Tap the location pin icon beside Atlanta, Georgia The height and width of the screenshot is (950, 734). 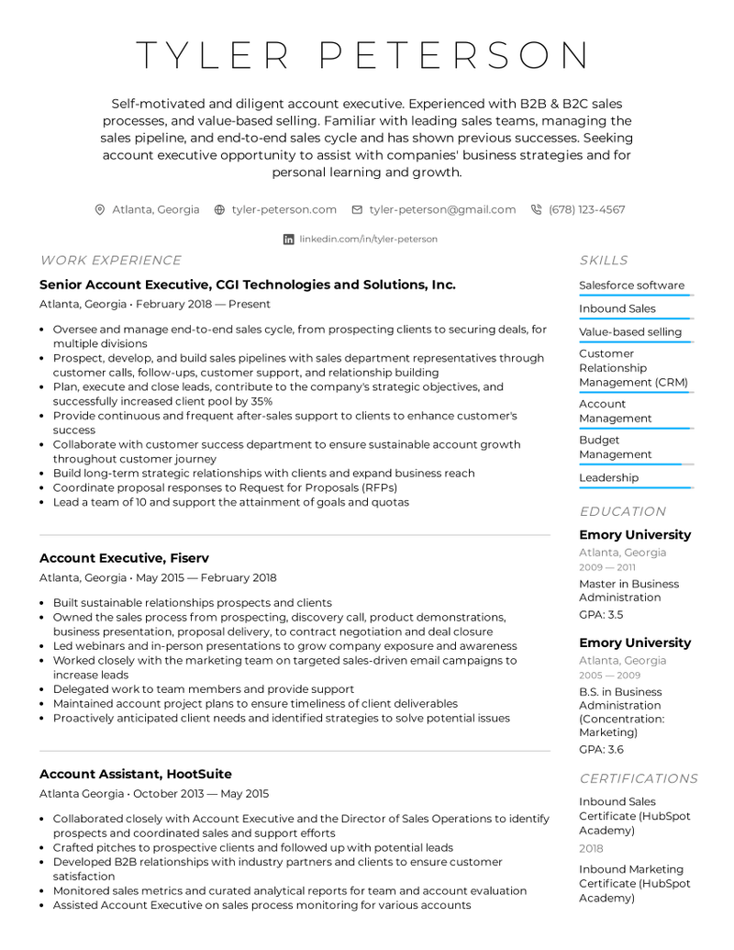[100, 209]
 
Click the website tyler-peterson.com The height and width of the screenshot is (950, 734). [284, 209]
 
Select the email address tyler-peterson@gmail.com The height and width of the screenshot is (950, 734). [442, 209]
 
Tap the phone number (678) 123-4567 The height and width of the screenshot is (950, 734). [586, 209]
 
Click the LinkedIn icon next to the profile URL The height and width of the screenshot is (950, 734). [289, 239]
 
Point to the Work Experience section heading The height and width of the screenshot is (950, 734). [110, 261]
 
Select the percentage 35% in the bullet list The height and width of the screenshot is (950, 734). [261, 401]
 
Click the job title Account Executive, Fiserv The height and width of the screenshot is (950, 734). [124, 558]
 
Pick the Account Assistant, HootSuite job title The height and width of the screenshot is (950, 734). [135, 774]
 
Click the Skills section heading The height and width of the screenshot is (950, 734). [604, 261]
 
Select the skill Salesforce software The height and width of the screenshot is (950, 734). [631, 285]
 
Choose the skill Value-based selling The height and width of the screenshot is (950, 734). [630, 332]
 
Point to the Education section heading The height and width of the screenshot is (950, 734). [622, 511]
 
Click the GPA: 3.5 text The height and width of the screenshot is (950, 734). [601, 614]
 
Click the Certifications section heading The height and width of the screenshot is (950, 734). [639, 778]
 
